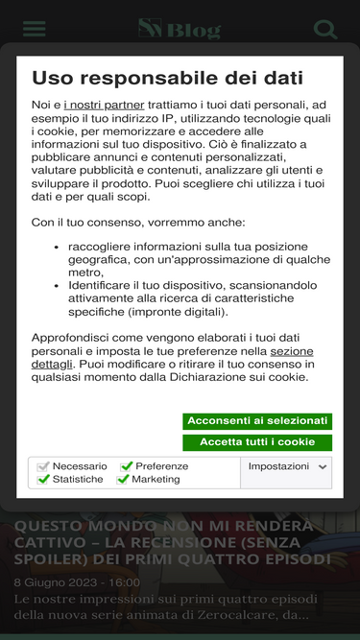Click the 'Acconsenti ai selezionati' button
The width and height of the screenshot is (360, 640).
(x=257, y=421)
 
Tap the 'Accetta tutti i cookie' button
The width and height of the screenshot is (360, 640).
(x=257, y=442)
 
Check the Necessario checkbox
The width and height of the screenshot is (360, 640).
(x=43, y=466)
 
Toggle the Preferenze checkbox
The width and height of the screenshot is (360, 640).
(x=126, y=466)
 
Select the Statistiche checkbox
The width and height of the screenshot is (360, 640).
(x=43, y=479)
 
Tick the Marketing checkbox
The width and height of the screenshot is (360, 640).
(x=123, y=479)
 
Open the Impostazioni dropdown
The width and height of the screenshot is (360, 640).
(x=288, y=466)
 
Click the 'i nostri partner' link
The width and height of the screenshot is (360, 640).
(x=104, y=104)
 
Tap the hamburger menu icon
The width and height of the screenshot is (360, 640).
(x=35, y=29)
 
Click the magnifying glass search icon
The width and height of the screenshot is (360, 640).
(x=325, y=29)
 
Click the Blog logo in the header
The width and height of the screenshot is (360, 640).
(x=180, y=30)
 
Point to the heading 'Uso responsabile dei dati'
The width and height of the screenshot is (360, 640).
(x=167, y=78)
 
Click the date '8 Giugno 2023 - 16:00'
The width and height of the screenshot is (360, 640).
(x=76, y=581)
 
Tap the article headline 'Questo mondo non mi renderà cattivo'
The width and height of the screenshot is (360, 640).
(x=173, y=542)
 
